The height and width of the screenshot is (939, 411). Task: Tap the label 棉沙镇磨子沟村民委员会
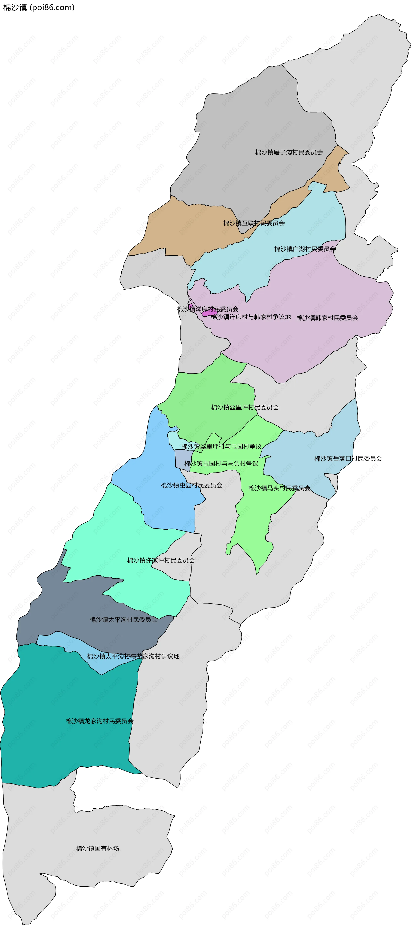(x=289, y=152)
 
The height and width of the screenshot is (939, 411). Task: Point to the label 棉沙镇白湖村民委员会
(x=305, y=249)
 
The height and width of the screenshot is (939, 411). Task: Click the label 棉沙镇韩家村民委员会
(x=327, y=318)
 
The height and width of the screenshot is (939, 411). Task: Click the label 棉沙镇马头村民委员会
(x=279, y=488)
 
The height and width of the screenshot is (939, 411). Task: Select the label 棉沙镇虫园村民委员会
(x=191, y=485)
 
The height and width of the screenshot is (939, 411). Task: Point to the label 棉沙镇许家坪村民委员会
(x=161, y=560)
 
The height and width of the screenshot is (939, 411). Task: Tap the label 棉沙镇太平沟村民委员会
(x=124, y=619)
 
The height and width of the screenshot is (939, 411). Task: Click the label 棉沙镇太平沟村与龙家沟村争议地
(x=133, y=656)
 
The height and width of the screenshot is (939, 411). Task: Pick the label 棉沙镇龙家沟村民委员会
(x=100, y=721)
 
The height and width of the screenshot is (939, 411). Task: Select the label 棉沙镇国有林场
(x=97, y=848)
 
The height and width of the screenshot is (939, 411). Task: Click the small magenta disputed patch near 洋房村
(x=209, y=313)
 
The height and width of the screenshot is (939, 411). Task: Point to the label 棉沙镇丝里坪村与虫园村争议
(x=221, y=447)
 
